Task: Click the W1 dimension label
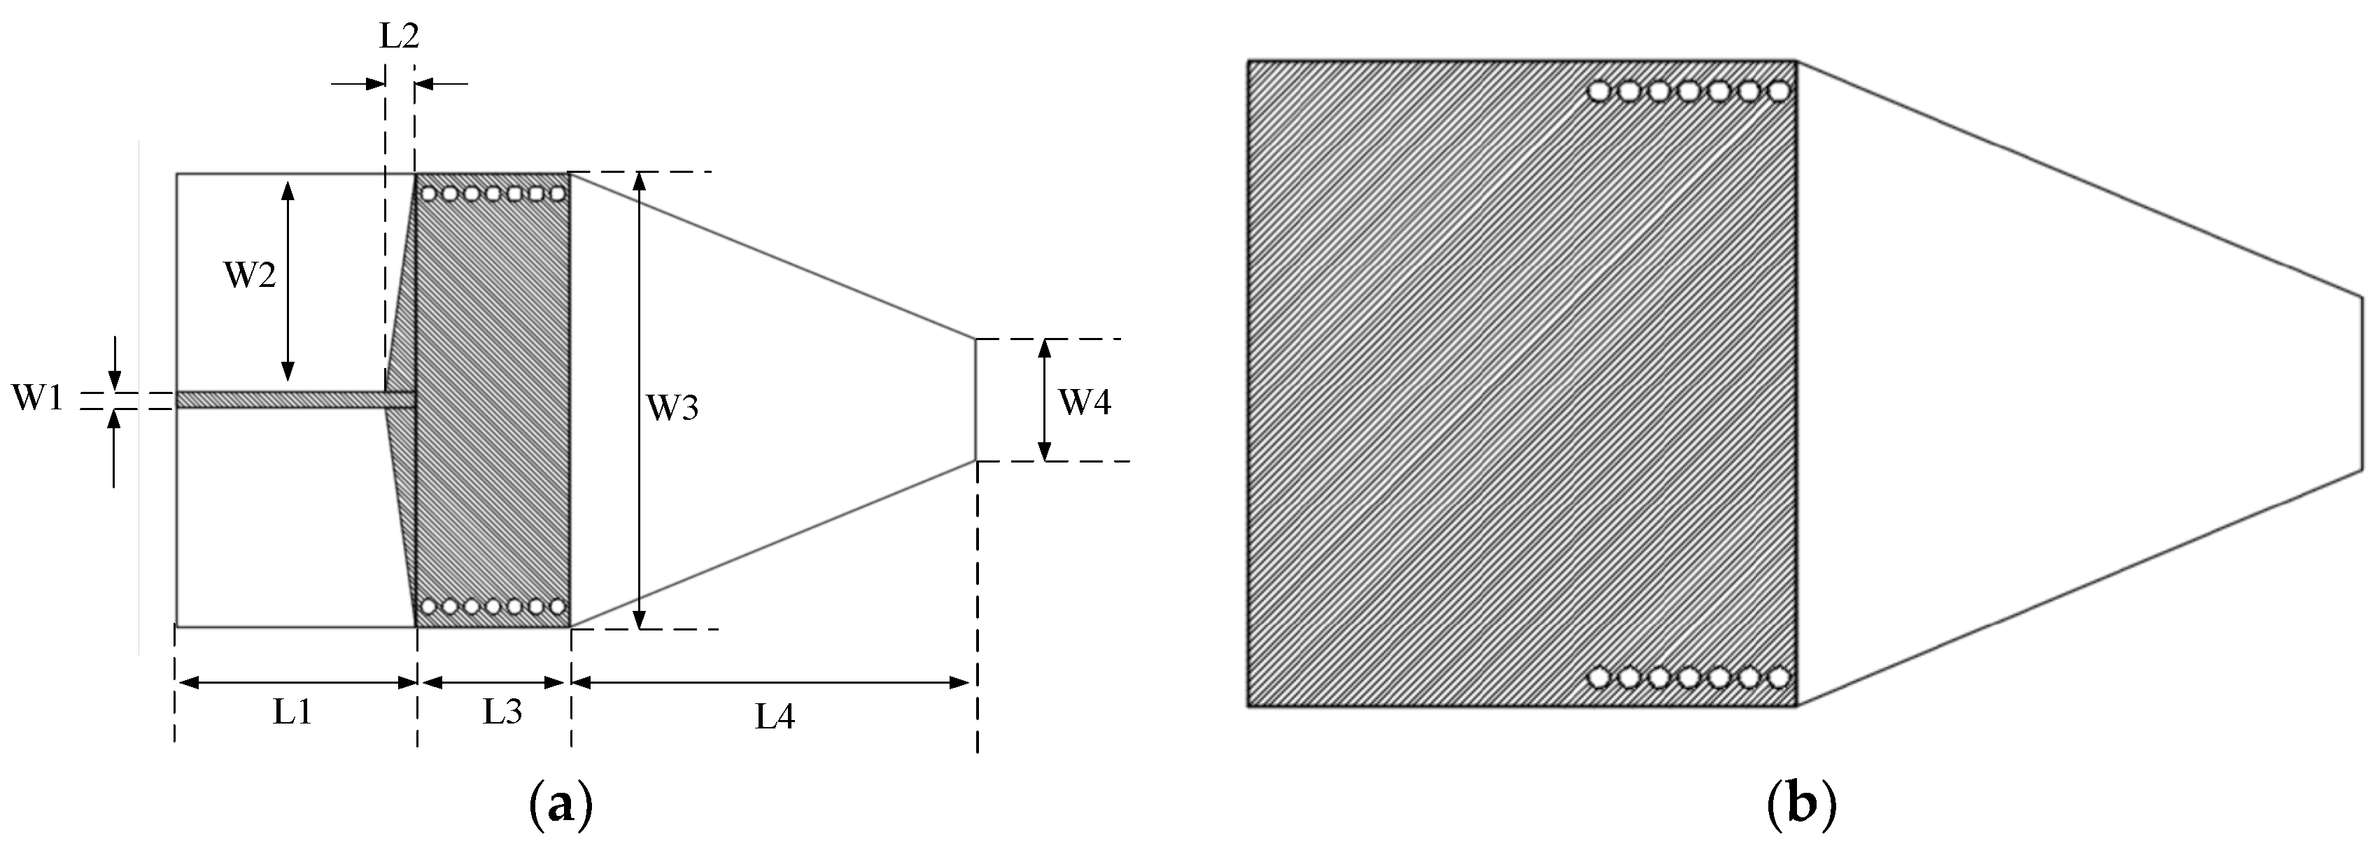[x=37, y=400]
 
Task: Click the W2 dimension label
[x=250, y=274]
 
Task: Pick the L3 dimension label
[x=502, y=712]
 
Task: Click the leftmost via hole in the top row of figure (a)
[x=429, y=194]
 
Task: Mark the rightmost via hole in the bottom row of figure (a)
[x=557, y=607]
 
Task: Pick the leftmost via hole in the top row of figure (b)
[x=1600, y=91]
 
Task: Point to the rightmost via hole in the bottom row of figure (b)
[x=1780, y=678]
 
